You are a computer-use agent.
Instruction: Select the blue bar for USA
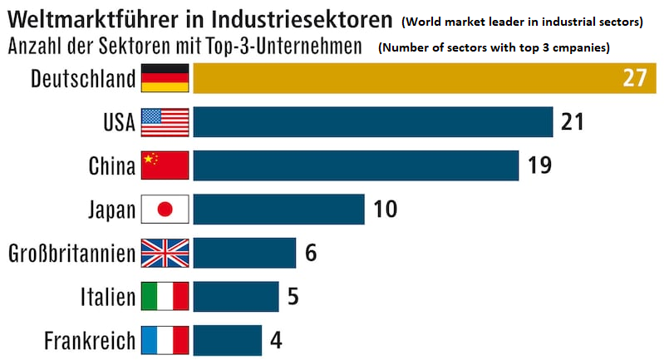(x=373, y=121)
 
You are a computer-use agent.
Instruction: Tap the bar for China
(x=356, y=165)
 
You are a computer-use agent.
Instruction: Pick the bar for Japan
(x=278, y=209)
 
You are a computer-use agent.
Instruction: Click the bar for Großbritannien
(x=244, y=252)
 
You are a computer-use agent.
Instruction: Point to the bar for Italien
(x=236, y=296)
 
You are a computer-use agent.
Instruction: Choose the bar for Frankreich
(x=227, y=339)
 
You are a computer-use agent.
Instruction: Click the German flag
(x=165, y=78)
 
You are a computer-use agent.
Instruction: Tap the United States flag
(x=165, y=121)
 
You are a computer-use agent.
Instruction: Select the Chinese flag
(x=165, y=165)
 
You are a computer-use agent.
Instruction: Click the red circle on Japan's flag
(x=165, y=210)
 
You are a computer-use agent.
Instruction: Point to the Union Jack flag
(x=165, y=253)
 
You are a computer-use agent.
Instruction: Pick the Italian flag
(x=165, y=296)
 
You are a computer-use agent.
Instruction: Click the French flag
(x=165, y=339)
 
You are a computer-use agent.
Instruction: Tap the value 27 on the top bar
(x=634, y=78)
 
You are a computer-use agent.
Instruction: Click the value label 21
(x=573, y=121)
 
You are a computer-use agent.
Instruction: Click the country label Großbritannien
(x=71, y=253)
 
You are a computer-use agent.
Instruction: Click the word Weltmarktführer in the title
(x=91, y=17)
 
